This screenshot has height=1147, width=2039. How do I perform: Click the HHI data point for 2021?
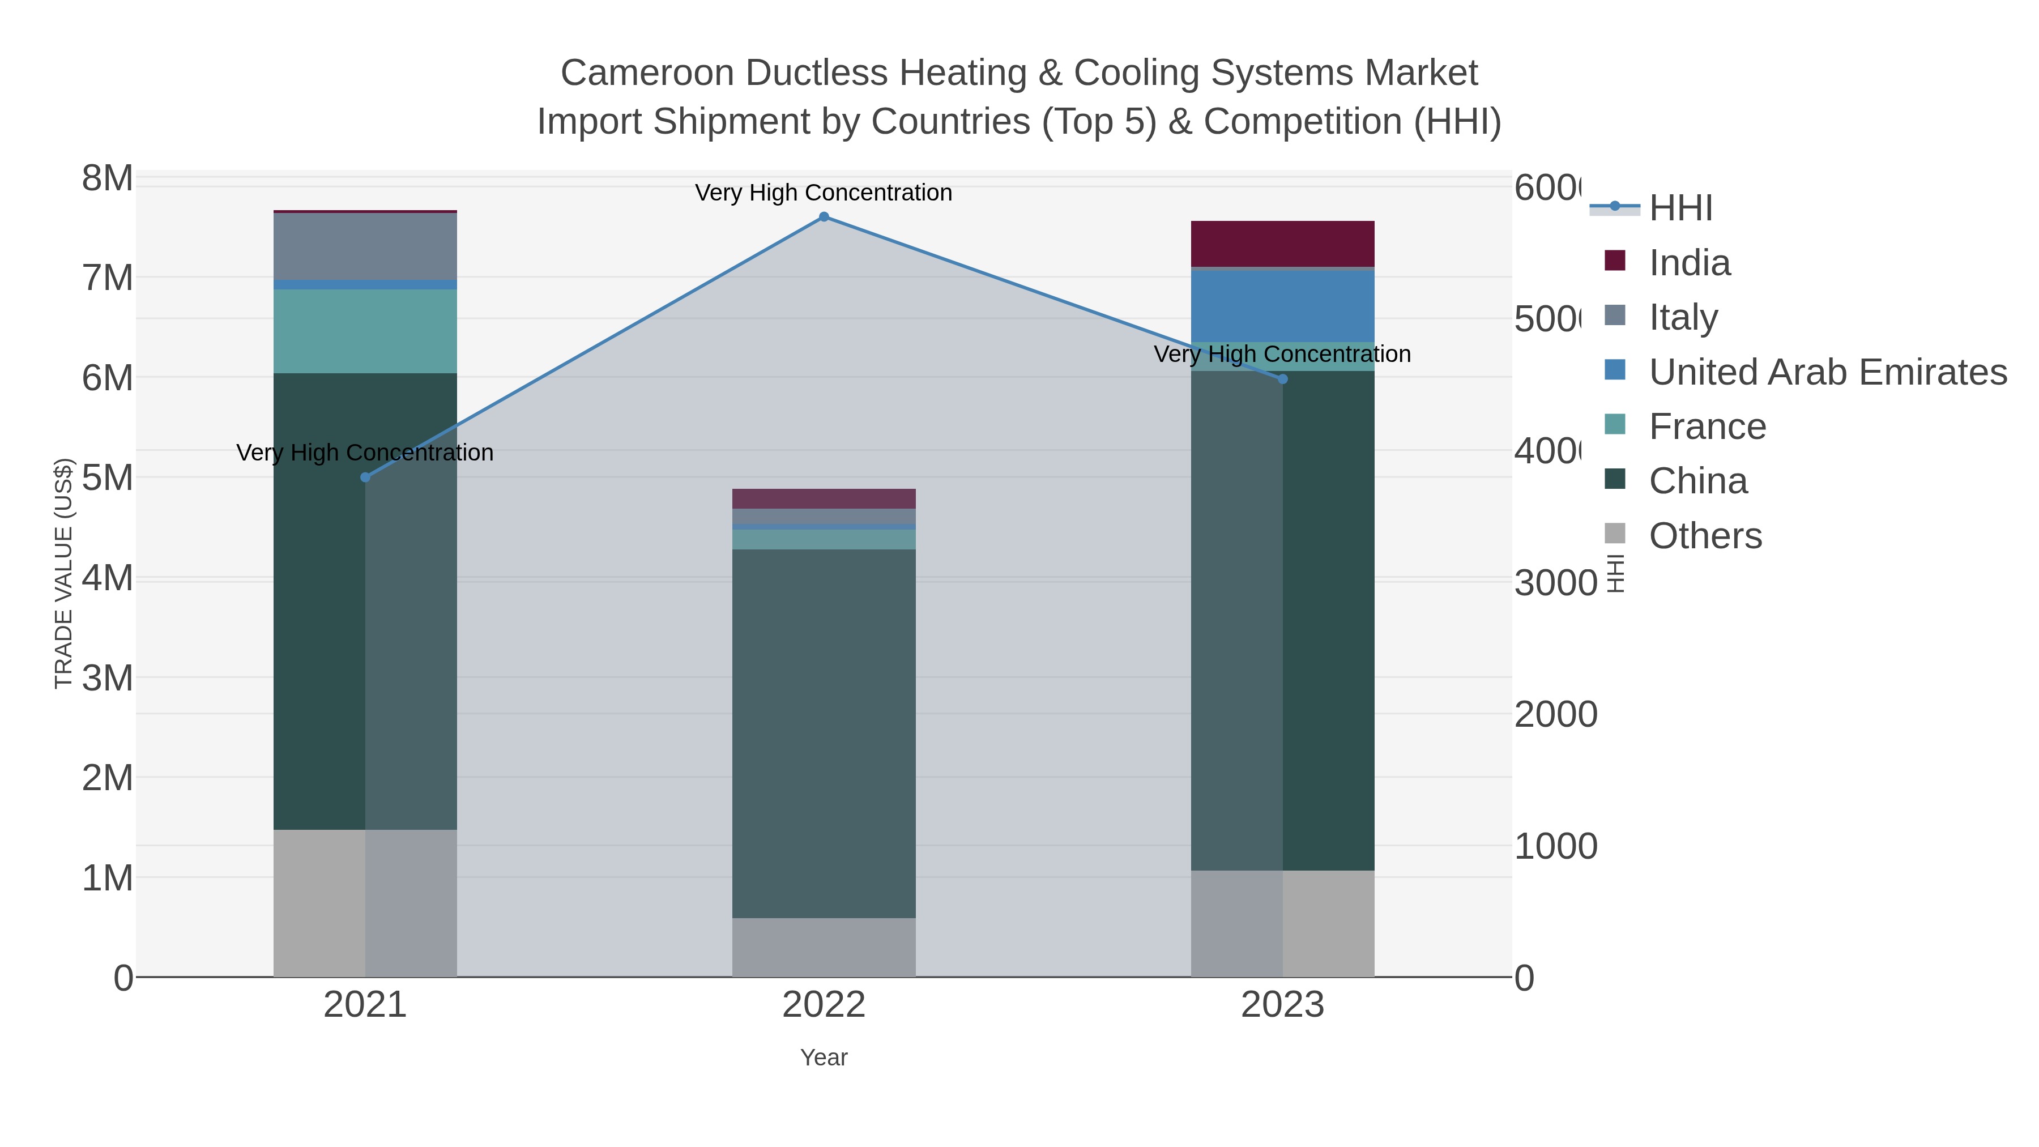365,477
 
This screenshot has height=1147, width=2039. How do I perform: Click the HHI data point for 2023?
1282,379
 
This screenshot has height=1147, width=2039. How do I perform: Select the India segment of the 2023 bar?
1282,244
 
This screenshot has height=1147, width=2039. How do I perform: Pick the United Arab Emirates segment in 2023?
1282,306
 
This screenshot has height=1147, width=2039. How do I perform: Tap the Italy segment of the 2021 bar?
365,246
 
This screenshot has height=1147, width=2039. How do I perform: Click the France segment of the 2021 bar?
365,331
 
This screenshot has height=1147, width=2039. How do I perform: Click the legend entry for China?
1698,481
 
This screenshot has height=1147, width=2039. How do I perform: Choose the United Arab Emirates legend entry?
1827,372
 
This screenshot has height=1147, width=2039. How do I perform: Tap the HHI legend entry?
1680,208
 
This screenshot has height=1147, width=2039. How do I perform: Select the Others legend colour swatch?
1615,534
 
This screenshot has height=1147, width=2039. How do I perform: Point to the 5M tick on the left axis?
108,478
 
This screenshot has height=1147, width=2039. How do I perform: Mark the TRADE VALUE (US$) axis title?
63,573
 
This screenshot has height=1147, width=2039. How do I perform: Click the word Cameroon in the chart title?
647,73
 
